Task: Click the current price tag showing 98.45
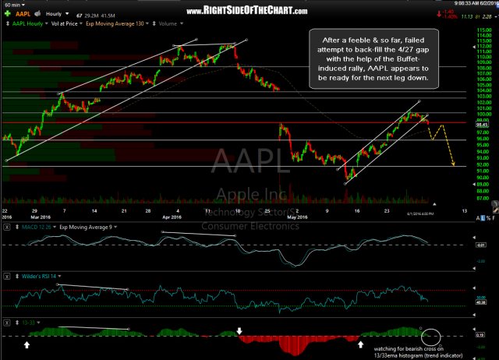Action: [x=481, y=123]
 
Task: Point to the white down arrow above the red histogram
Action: [x=240, y=310]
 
